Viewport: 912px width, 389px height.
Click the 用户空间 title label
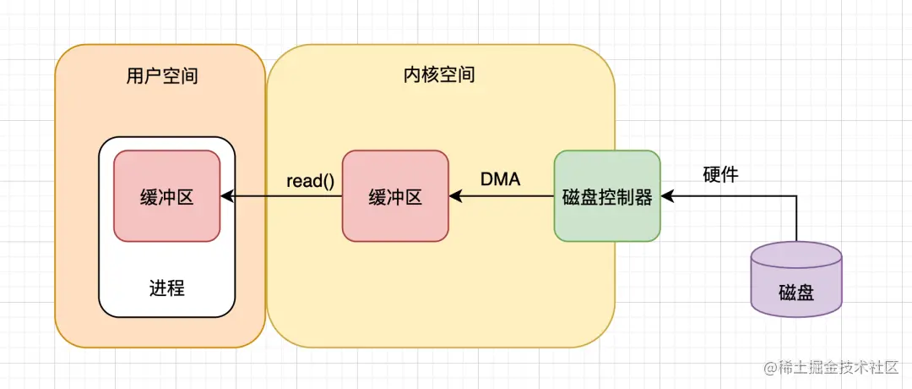click(x=161, y=76)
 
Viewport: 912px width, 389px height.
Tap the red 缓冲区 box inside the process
click(x=167, y=197)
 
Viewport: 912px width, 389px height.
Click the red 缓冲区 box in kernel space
click(x=395, y=197)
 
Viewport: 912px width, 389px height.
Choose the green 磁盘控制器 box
click(x=606, y=196)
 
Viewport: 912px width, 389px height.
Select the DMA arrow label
click(x=500, y=179)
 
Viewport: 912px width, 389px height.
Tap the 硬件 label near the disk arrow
click(x=720, y=175)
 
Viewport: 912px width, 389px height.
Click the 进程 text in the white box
click(x=166, y=288)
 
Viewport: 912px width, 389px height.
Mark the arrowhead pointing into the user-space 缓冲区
click(x=226, y=197)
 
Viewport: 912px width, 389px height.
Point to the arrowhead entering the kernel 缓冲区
click(x=455, y=197)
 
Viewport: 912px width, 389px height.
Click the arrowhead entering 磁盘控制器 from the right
click(x=667, y=197)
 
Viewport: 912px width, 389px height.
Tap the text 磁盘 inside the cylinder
click(x=795, y=293)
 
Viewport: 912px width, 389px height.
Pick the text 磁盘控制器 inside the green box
click(x=606, y=198)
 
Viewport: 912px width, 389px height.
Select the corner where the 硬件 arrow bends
click(x=796, y=197)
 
